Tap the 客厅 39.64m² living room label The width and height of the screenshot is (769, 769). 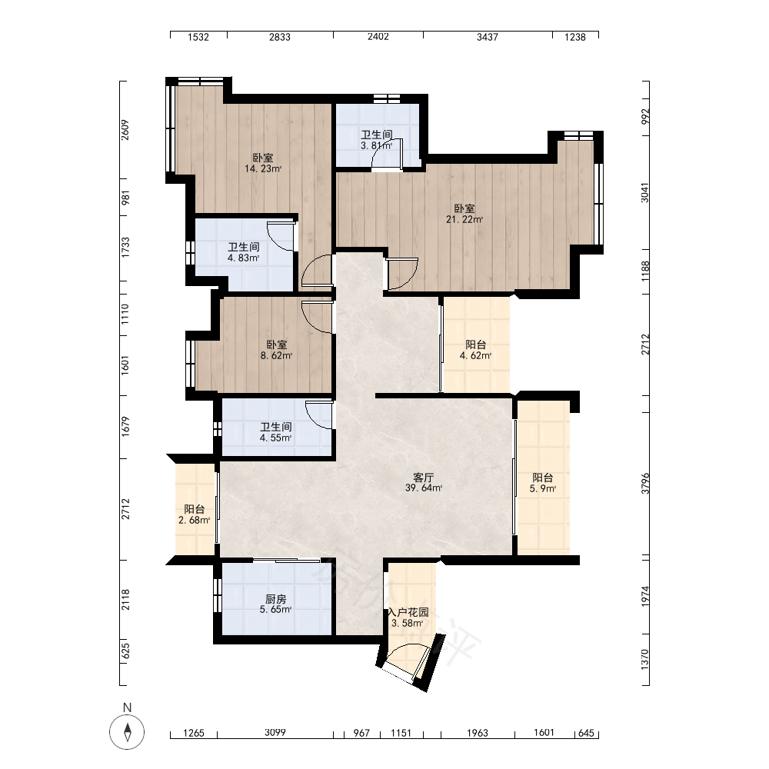coord(423,483)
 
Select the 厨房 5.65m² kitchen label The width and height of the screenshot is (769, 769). coord(275,604)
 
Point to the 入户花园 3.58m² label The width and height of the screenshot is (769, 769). coord(408,618)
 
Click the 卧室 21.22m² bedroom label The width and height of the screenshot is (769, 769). coord(464,214)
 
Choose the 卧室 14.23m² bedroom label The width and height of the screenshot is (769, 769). coord(263,163)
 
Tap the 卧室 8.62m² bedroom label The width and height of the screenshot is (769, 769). coord(277,350)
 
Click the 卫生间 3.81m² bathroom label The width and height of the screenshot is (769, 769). coord(377,140)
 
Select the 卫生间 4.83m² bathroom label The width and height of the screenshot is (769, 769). coord(243,252)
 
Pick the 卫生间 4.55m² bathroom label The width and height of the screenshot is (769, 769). coord(275,432)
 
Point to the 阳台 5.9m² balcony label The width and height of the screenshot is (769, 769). coord(542,483)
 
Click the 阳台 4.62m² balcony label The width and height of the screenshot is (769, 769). coord(475,350)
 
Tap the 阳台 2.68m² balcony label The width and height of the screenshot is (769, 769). coord(195,514)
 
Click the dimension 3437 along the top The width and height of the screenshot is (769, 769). coord(488,37)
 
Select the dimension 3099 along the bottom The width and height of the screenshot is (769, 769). coord(275,732)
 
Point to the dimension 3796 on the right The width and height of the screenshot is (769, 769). coord(645,483)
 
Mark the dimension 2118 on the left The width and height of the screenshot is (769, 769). coord(125,599)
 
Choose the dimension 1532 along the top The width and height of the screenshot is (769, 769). coord(198,37)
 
